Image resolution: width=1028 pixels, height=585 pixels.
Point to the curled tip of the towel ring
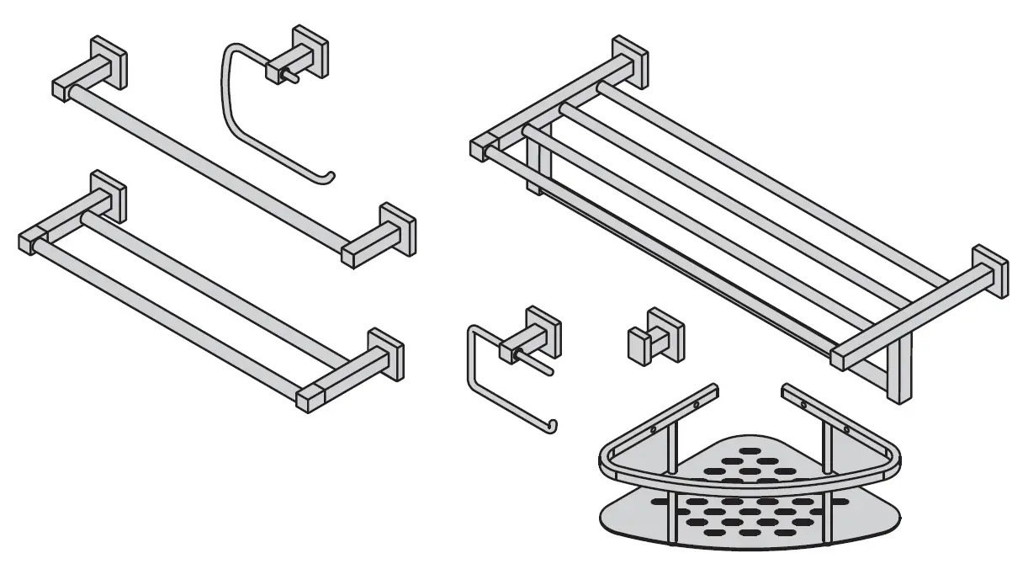(331, 176)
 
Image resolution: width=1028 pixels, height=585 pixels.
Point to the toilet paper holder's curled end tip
(551, 423)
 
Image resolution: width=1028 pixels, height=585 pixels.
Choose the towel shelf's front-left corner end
(480, 148)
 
